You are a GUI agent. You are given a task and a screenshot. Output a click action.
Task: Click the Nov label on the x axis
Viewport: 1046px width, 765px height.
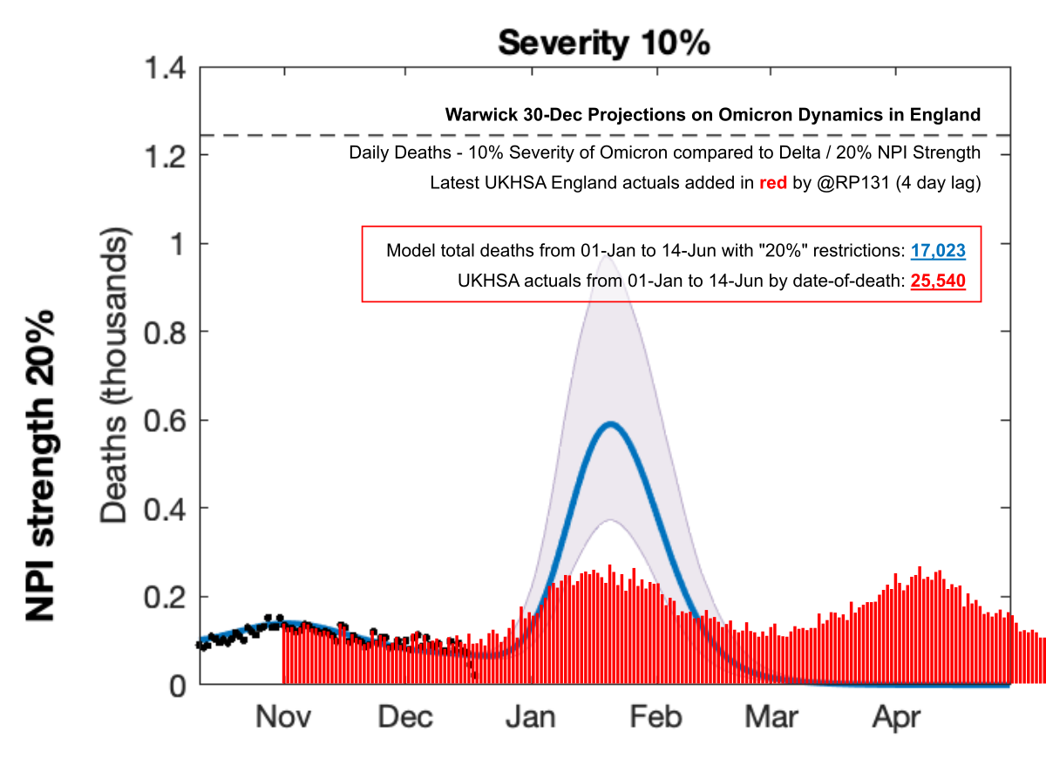284,717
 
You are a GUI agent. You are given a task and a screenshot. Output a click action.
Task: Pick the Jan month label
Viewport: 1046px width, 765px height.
532,717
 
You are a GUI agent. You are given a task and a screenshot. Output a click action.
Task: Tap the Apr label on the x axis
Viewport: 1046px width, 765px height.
897,717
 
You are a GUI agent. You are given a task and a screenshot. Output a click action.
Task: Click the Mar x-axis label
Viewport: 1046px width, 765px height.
771,717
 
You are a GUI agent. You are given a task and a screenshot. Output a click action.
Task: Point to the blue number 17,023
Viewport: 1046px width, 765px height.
939,251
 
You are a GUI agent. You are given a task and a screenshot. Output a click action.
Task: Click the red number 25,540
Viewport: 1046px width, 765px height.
939,282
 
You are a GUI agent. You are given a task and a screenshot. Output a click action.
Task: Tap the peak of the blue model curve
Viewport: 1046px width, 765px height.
610,424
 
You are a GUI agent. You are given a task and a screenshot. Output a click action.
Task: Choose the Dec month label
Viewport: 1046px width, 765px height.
405,717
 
